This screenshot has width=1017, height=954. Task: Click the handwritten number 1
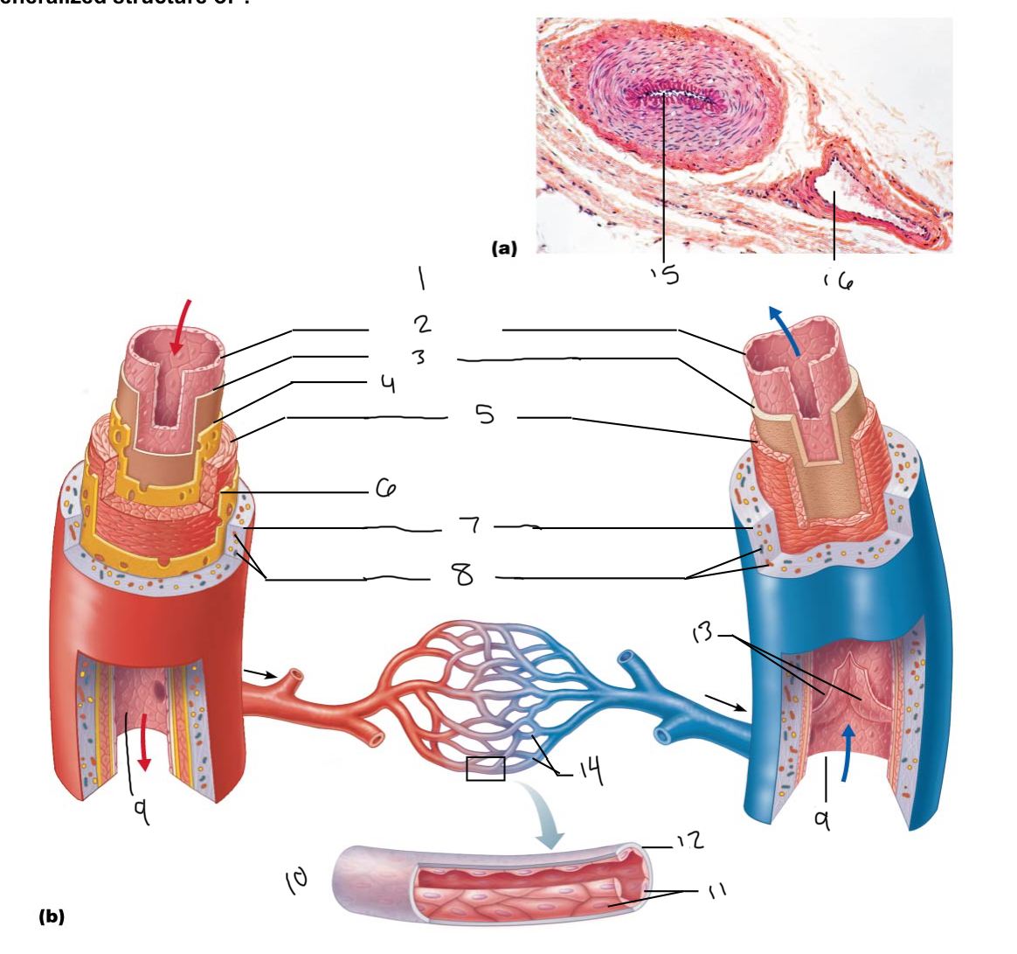tap(422, 279)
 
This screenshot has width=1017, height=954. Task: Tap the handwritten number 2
tap(423, 324)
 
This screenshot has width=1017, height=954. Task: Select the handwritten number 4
tap(388, 384)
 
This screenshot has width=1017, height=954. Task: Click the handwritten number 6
tap(385, 490)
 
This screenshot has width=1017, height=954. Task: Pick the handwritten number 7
tap(470, 526)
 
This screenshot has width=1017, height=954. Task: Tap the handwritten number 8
tap(462, 574)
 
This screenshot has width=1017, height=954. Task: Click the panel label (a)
tap(504, 248)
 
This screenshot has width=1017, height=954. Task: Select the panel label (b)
tap(52, 916)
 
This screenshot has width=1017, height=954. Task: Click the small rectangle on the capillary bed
tap(486, 769)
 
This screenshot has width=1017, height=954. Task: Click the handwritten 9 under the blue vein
tap(821, 819)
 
